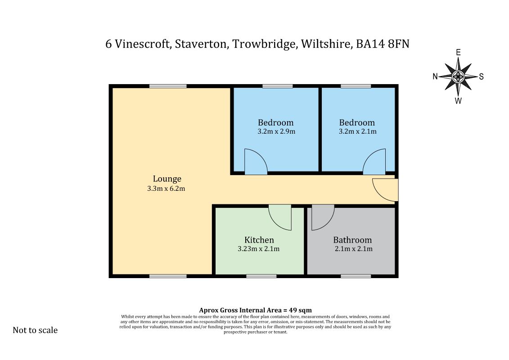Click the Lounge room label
(x=167, y=179)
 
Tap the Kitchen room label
(x=259, y=240)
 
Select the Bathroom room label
(x=352, y=240)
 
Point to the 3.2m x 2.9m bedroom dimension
(x=276, y=131)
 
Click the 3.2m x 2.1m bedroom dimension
(x=358, y=131)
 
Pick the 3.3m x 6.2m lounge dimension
(x=166, y=189)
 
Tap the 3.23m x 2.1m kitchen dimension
(x=259, y=249)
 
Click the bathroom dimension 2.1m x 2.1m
(x=353, y=249)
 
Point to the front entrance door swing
(x=385, y=189)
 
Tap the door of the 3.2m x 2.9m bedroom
(x=256, y=161)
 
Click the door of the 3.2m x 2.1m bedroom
(x=374, y=161)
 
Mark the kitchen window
(x=261, y=276)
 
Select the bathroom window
(x=356, y=276)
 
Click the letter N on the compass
(x=435, y=76)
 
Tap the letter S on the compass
(x=482, y=76)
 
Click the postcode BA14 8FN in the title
(x=383, y=44)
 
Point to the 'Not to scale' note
(x=35, y=330)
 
